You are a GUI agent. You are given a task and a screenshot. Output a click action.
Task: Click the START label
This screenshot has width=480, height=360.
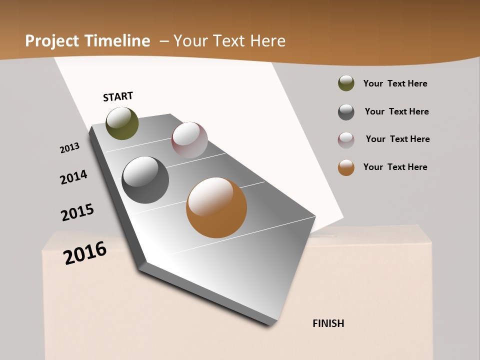(118, 96)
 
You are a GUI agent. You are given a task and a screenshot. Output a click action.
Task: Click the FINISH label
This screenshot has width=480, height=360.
(328, 323)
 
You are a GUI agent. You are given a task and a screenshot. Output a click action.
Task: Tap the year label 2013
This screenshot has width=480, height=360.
(69, 148)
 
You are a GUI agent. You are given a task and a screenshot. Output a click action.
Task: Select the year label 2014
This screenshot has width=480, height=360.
(73, 177)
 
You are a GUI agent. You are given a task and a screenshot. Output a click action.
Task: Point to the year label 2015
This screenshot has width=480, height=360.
(77, 212)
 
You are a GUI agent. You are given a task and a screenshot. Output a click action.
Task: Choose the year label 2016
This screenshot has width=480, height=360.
(85, 253)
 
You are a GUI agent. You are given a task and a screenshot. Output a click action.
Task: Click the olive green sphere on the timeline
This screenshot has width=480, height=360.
(122, 123)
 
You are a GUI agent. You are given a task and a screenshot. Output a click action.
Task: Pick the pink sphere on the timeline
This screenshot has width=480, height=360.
(189, 140)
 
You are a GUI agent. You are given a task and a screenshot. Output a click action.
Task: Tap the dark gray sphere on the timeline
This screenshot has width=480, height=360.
(145, 180)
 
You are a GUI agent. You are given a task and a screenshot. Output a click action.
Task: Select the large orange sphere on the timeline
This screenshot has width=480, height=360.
(216, 207)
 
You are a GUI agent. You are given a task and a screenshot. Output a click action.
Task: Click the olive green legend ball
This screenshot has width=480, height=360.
(346, 83)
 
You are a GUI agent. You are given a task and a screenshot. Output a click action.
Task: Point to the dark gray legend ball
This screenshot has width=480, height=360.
(346, 112)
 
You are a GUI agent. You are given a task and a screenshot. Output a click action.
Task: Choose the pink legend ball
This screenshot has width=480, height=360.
(346, 140)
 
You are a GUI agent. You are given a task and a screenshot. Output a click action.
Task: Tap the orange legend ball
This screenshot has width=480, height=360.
(346, 167)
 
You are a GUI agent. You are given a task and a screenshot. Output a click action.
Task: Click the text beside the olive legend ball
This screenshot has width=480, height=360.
(395, 83)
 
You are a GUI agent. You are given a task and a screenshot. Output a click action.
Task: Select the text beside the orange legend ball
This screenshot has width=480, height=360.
(395, 167)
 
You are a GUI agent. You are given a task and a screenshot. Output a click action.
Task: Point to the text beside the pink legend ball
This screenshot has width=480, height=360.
(397, 139)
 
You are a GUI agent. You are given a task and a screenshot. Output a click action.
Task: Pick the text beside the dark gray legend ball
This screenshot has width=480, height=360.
(396, 111)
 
